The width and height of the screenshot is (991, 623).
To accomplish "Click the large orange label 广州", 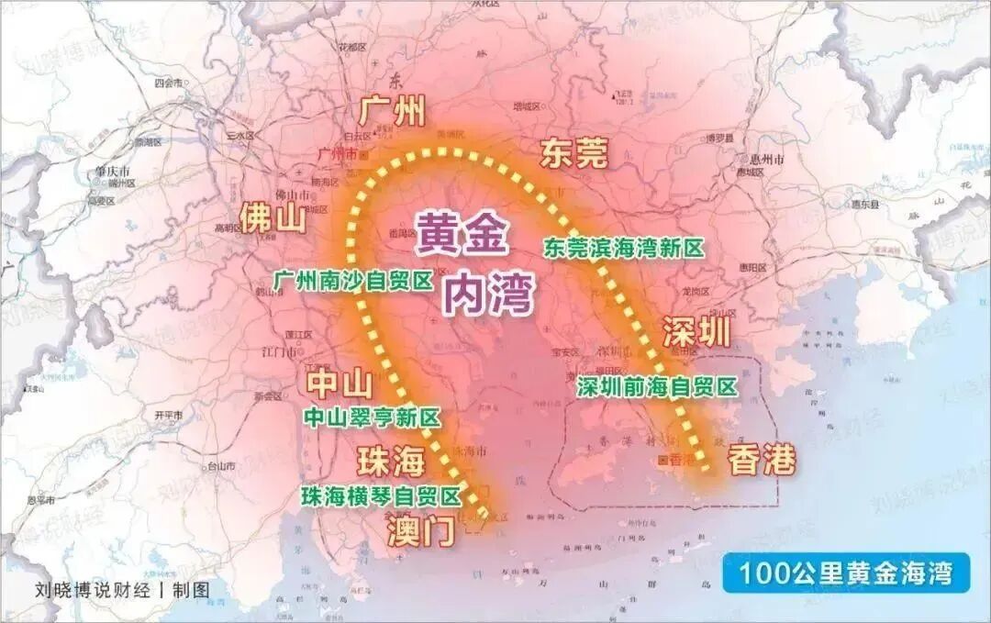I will (393, 112).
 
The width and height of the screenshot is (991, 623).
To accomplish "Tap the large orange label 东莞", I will (573, 153).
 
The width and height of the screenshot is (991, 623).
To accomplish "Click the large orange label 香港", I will (761, 460).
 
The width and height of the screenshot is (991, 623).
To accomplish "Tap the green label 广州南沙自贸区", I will (352, 281).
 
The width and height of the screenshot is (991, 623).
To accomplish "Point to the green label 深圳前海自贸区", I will (657, 387).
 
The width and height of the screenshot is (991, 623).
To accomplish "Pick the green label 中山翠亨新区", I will (372, 418).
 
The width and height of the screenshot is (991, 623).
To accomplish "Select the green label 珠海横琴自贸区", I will (381, 496).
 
